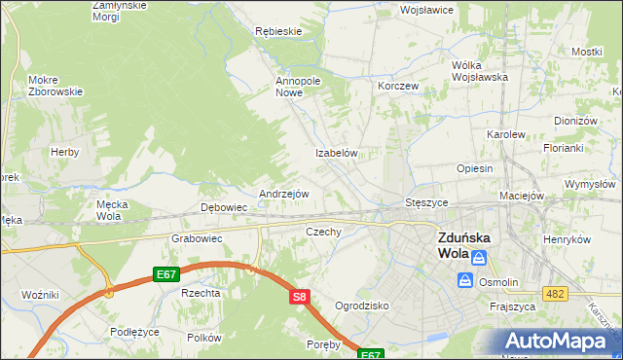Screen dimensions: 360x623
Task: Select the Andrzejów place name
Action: pyautogui.click(x=283, y=194)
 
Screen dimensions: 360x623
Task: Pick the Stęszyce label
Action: pyautogui.click(x=425, y=202)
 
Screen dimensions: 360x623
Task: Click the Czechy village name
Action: pyautogui.click(x=323, y=232)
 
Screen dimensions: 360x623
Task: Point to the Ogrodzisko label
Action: pyautogui.click(x=361, y=306)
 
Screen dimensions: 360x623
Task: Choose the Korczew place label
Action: pyautogui.click(x=398, y=86)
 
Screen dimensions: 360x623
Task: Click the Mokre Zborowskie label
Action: pyautogui.click(x=55, y=86)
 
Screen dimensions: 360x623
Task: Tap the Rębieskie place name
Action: pyautogui.click(x=277, y=31)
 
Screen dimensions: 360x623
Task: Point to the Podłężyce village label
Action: pyautogui.click(x=134, y=332)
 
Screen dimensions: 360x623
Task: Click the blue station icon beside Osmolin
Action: pyautogui.click(x=465, y=280)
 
